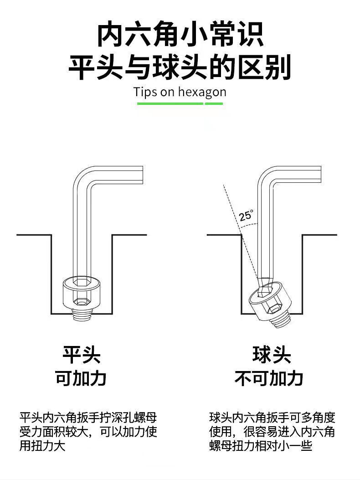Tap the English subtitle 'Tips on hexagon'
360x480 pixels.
tap(180, 92)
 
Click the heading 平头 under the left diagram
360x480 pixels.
tap(82, 354)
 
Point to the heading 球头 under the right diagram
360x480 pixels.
tap(272, 354)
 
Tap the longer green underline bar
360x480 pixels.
tap(170, 103)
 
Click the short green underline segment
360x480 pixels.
tap(214, 103)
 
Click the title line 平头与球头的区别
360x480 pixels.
tap(180, 68)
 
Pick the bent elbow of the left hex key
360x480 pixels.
tap(84, 175)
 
